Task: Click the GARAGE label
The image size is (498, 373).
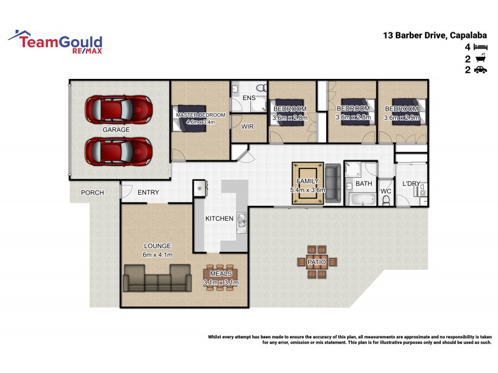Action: coord(116,130)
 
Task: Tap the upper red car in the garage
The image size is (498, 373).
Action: coord(118,109)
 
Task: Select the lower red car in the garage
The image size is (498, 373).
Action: coord(118,150)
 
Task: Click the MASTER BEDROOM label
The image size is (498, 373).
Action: coord(200,116)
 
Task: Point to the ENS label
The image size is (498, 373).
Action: coord(248,98)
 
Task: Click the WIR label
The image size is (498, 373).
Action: coord(247,126)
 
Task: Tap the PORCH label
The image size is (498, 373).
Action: coord(92,193)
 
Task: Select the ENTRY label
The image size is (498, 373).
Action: coord(148,193)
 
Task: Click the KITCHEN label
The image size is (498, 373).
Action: coord(219,219)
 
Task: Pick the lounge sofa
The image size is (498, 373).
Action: coord(157,278)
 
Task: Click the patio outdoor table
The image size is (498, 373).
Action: coord(316,262)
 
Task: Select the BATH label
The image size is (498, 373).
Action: coord(364,184)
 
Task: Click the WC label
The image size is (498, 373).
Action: coord(385,191)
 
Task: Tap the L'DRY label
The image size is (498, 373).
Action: coord(411,184)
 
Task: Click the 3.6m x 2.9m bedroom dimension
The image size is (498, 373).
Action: coord(402,117)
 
